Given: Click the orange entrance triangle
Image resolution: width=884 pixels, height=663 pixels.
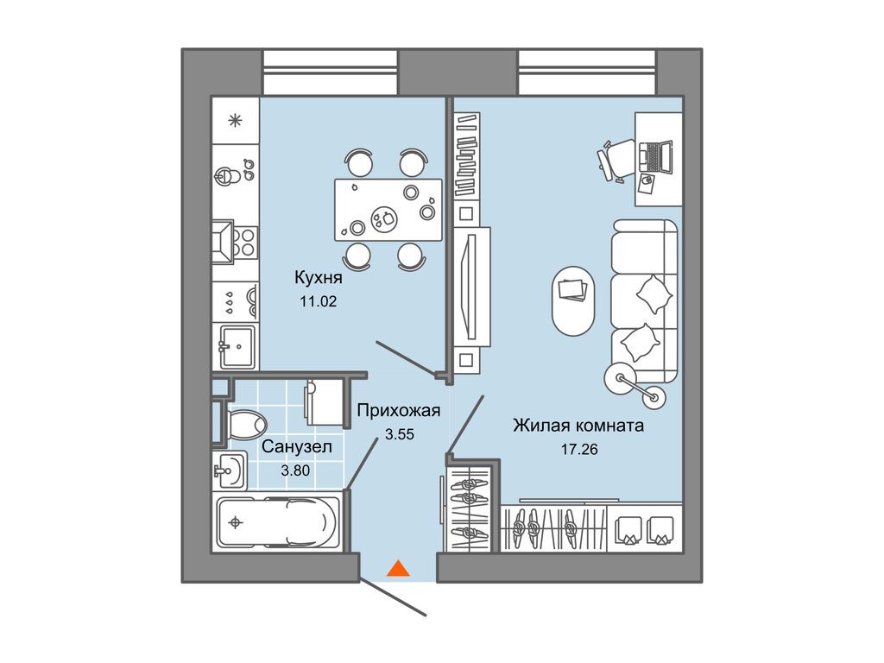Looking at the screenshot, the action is pyautogui.click(x=398, y=568).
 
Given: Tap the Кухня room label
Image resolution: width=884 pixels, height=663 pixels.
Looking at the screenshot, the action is pyautogui.click(x=318, y=277).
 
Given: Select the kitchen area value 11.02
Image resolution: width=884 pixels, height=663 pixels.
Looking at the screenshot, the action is pyautogui.click(x=318, y=301).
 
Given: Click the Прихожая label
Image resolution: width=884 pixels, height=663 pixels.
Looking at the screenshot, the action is pyautogui.click(x=399, y=410).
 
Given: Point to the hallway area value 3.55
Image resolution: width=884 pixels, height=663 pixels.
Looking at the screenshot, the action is pyautogui.click(x=399, y=434).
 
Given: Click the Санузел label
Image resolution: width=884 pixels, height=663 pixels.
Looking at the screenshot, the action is pyautogui.click(x=297, y=447).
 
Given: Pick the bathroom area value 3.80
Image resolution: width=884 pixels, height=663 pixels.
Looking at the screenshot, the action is pyautogui.click(x=295, y=470).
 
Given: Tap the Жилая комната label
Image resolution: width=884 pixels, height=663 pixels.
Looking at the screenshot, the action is pyautogui.click(x=578, y=425).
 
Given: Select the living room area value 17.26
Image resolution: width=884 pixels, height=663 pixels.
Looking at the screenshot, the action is pyautogui.click(x=579, y=449).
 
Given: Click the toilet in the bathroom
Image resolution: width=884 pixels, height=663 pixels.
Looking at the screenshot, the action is pyautogui.click(x=243, y=422).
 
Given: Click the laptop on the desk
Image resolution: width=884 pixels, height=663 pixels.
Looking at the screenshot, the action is pyautogui.click(x=656, y=156).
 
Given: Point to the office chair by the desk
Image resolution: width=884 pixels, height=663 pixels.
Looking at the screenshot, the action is pyautogui.click(x=616, y=160).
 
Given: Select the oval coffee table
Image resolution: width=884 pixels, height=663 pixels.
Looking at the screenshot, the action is pyautogui.click(x=573, y=301).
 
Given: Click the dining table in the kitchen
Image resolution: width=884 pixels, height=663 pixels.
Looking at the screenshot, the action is pyautogui.click(x=388, y=210).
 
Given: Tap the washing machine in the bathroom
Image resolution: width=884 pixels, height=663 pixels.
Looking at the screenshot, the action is pyautogui.click(x=325, y=402).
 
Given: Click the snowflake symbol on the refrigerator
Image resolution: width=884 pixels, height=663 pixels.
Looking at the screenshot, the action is pyautogui.click(x=235, y=120).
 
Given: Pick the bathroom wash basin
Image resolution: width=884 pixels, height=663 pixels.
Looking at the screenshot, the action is pyautogui.click(x=230, y=470).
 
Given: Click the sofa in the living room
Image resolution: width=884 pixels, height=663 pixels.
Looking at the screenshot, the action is pyautogui.click(x=644, y=301).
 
